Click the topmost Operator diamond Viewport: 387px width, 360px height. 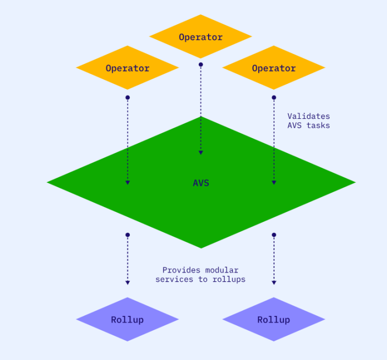click(x=200, y=37)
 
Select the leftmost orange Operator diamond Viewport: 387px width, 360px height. click(x=127, y=68)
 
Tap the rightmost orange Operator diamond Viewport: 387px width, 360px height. click(x=274, y=68)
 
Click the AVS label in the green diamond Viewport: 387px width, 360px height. click(x=201, y=183)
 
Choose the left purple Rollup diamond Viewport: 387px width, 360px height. click(x=127, y=319)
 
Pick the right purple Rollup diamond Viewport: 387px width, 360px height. click(x=274, y=319)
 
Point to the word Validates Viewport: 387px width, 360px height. click(x=308, y=116)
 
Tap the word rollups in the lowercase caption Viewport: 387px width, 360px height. click(x=228, y=279)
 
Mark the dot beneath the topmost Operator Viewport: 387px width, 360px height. click(x=201, y=64)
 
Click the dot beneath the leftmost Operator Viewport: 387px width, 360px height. click(x=127, y=97)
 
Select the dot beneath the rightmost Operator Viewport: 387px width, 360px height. click(x=274, y=97)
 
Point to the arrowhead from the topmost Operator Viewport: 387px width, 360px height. click(x=201, y=152)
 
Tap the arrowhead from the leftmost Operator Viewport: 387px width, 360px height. click(x=127, y=182)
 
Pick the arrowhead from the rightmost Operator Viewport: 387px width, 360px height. click(x=274, y=182)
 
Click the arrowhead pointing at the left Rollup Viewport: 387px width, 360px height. click(x=127, y=283)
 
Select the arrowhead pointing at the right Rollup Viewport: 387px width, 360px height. click(x=274, y=283)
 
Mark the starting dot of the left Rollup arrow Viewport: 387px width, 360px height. click(x=127, y=235)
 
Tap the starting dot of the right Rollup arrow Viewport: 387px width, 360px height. click(x=274, y=235)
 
